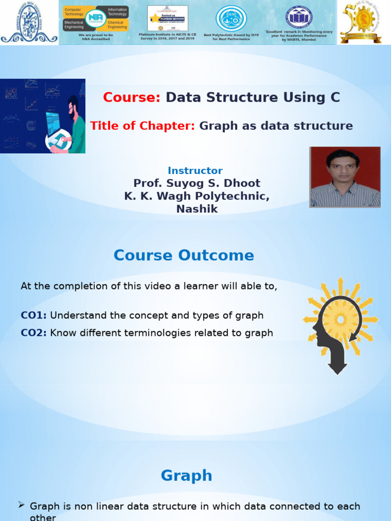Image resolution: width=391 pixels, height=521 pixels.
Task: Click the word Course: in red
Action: point(131,98)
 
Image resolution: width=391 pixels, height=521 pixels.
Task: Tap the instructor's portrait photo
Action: point(345,177)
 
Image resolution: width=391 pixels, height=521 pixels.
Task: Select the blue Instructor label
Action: point(195,171)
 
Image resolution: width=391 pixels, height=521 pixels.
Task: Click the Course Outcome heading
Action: point(183,255)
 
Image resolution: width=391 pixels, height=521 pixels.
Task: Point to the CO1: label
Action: point(34,315)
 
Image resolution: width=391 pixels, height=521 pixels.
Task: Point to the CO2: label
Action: point(34,333)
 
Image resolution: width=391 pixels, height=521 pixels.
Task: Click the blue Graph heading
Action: point(186,476)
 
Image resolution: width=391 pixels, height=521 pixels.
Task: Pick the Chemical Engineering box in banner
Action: point(117,25)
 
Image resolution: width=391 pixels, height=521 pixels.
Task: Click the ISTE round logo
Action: point(231,18)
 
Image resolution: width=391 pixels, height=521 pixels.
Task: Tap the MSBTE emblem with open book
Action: point(299,17)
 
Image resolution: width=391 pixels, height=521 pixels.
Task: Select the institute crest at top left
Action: point(29,22)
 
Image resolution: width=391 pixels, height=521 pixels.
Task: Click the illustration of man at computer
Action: point(43,116)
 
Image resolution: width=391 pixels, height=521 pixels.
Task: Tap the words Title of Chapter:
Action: point(143,126)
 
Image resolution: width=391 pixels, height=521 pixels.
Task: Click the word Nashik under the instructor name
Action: point(197,209)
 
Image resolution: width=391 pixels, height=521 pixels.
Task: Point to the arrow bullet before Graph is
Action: point(21,505)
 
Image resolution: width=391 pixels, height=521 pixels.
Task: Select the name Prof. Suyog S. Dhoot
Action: point(197,183)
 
